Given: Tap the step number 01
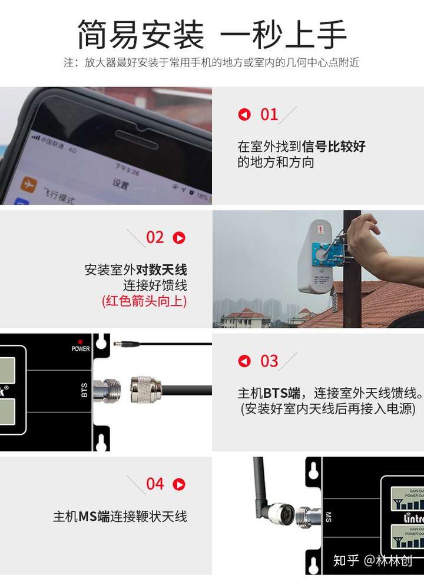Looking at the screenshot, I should (269, 114).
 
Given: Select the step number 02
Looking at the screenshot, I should (155, 237).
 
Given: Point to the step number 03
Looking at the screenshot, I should (269, 361).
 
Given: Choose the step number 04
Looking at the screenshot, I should (155, 484).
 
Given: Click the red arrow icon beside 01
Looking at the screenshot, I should (244, 115).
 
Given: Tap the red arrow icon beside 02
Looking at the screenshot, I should (179, 238).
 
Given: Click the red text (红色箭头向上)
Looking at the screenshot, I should (144, 301).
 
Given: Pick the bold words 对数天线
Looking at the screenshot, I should (161, 270).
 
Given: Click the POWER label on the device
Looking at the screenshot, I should (81, 349).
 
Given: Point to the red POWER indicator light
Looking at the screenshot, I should (80, 341).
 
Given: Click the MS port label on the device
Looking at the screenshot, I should (328, 517).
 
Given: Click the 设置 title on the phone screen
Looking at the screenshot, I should (120, 184).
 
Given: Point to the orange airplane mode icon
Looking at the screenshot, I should (28, 184).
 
